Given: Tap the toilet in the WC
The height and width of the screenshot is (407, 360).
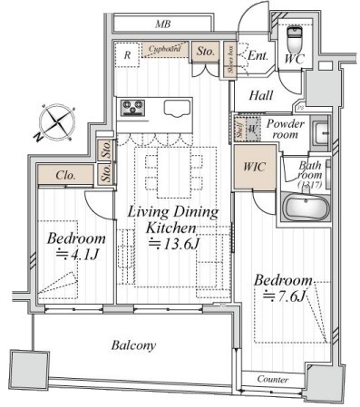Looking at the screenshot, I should pos(295,42).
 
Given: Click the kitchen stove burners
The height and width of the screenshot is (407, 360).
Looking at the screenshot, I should pos(133,109).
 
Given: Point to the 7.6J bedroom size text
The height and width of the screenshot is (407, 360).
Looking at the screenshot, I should pos(284,295).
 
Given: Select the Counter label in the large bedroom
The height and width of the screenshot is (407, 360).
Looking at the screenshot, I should pos(272,378).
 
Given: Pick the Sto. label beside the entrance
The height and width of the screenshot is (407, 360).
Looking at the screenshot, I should pos(205,52).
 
